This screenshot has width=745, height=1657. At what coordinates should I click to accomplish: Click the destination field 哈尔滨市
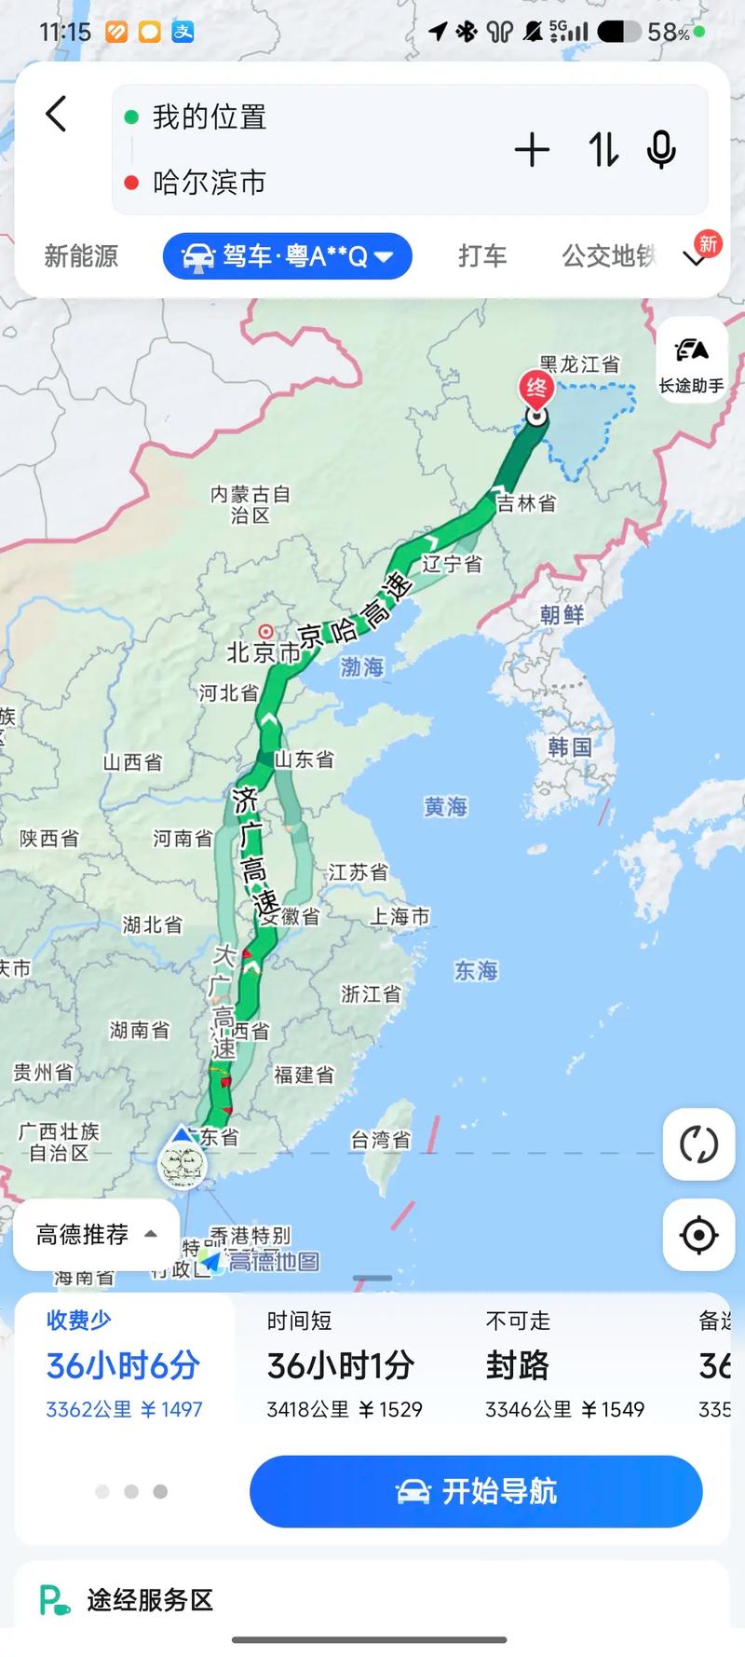210,183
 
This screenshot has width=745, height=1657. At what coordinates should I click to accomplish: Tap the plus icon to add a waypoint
532,150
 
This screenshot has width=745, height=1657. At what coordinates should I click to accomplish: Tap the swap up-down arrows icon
603,150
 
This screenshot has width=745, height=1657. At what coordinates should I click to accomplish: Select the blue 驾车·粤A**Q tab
288,256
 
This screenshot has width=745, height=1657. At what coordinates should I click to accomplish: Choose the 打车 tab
482,256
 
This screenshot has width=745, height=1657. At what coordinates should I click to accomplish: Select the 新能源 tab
81,256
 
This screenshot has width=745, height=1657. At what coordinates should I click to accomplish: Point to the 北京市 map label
264,652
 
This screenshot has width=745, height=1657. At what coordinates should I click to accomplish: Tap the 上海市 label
400,917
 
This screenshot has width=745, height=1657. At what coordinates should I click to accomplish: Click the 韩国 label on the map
570,747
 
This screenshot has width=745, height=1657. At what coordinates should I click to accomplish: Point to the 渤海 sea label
362,667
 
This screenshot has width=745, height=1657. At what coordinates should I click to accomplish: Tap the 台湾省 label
380,1140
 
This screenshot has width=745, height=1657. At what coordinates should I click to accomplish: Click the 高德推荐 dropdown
96,1235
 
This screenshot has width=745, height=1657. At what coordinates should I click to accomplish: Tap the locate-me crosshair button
698,1235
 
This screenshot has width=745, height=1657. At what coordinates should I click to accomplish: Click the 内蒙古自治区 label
250,504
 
